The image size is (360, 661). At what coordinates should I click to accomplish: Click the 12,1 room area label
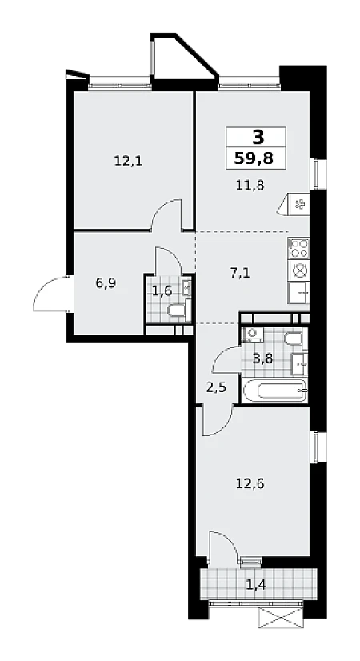click(128, 161)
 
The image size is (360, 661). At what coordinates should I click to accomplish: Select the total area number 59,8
click(254, 158)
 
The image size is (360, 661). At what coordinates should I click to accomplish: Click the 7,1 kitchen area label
click(239, 273)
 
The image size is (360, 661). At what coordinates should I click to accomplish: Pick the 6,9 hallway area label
click(106, 282)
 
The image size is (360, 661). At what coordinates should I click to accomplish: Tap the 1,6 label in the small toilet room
click(162, 290)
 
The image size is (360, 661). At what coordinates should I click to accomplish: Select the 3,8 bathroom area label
click(262, 359)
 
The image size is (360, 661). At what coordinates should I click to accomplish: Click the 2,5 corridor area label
click(216, 387)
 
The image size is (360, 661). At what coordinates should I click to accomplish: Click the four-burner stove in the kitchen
click(299, 248)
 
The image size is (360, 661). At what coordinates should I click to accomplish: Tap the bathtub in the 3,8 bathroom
click(274, 391)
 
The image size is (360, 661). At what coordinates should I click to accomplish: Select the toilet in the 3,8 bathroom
click(294, 338)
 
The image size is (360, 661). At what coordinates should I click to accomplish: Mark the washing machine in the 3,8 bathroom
click(252, 334)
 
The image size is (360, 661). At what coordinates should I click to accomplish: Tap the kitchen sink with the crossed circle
click(299, 270)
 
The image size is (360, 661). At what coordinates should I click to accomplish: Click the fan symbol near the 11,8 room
click(299, 205)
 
